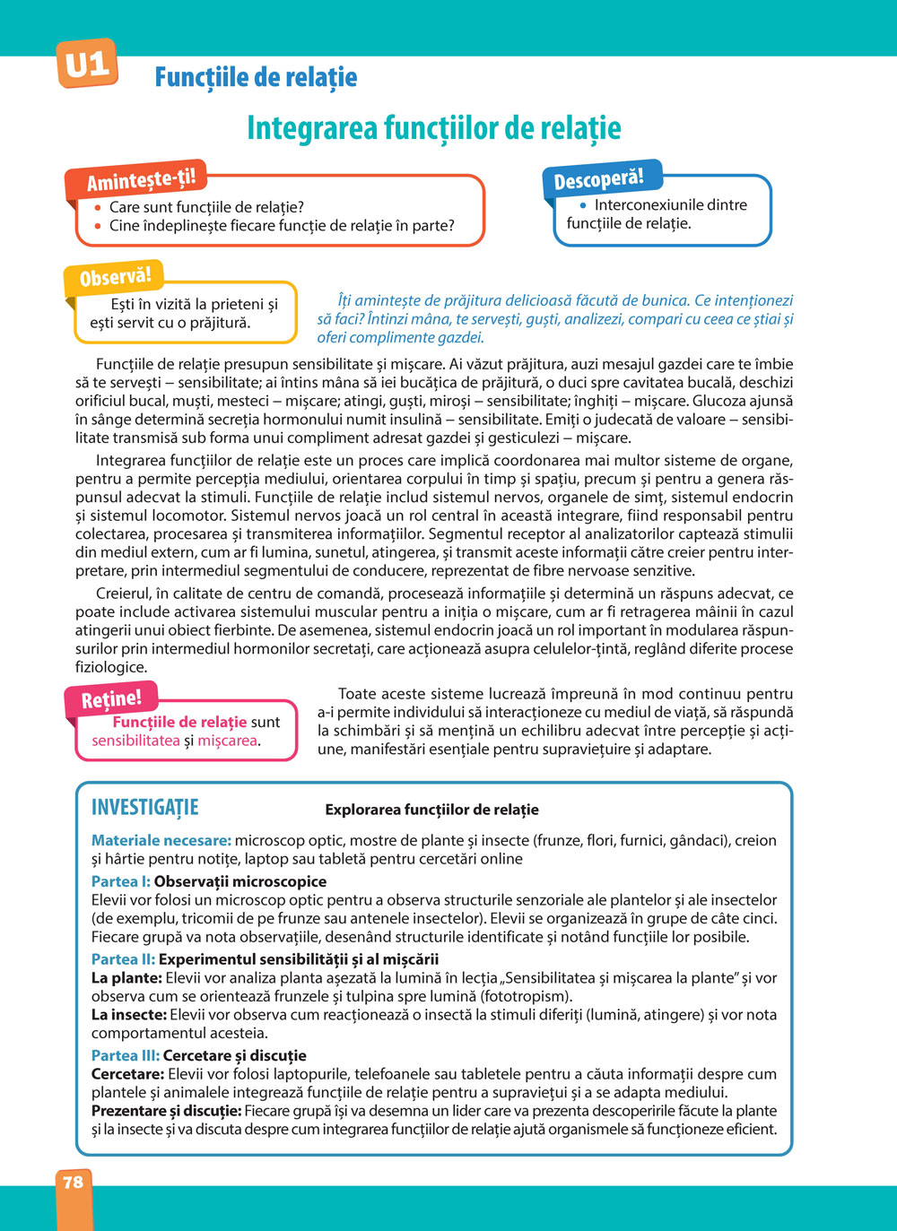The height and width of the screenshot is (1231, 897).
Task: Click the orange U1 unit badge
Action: pos(87,64)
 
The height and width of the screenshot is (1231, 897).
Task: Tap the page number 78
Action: pos(74,1182)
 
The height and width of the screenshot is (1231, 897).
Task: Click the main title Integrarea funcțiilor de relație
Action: pos(433,127)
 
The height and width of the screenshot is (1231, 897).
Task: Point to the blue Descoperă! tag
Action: pos(598,179)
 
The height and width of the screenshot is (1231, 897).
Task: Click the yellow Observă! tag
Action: pos(115,278)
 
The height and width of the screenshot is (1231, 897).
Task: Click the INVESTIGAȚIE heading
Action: pos(145,807)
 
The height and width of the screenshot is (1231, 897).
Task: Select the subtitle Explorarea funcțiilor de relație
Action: pos(431,810)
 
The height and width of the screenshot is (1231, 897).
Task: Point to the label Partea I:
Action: pos(121,881)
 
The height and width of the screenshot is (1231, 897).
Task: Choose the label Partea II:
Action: pos(124,959)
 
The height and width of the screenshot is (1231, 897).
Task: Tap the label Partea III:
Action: pos(126,1055)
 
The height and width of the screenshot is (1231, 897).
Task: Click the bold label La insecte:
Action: pos(129,1015)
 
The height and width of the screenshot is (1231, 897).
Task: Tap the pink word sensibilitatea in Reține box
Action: pos(135,741)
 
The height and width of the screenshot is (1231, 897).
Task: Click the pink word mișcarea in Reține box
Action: pos(227,741)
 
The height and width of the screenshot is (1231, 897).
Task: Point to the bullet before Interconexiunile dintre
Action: pos(582,204)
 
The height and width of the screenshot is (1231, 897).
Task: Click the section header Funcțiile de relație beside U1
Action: pos(256,77)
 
